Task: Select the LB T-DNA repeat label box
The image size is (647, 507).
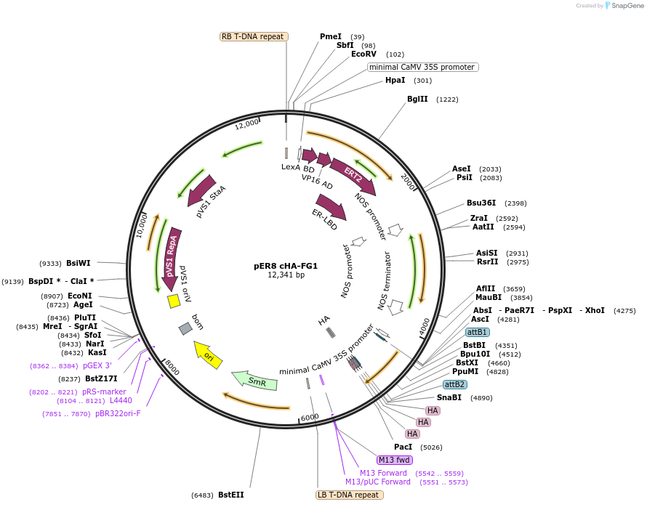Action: (349, 495)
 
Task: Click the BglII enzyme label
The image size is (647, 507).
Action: (417, 100)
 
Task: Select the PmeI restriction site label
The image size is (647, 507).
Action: (331, 36)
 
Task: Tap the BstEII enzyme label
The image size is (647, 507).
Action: (231, 495)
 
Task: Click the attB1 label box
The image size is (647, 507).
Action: (477, 332)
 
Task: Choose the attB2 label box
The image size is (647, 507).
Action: (455, 384)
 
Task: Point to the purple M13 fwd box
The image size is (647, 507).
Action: (394, 460)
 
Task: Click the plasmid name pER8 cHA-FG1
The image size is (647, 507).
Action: (286, 265)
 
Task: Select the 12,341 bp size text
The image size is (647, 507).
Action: (286, 275)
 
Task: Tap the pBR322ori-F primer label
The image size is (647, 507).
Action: (118, 414)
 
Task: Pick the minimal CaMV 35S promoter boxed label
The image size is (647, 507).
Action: (422, 67)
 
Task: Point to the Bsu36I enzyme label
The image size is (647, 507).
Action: (481, 203)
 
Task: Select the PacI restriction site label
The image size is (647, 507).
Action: (403, 447)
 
